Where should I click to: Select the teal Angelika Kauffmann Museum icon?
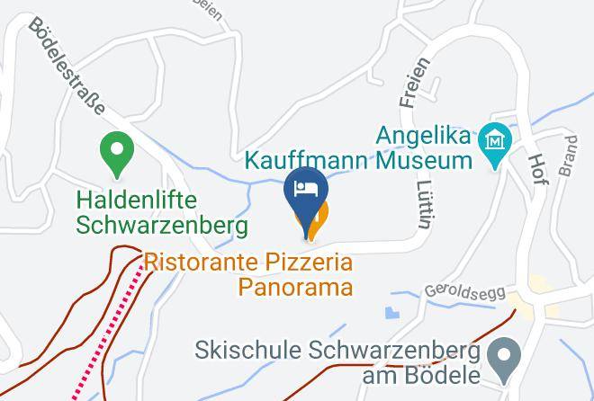pos(495,142)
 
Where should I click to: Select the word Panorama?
pos(295,288)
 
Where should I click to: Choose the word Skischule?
pos(245,349)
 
